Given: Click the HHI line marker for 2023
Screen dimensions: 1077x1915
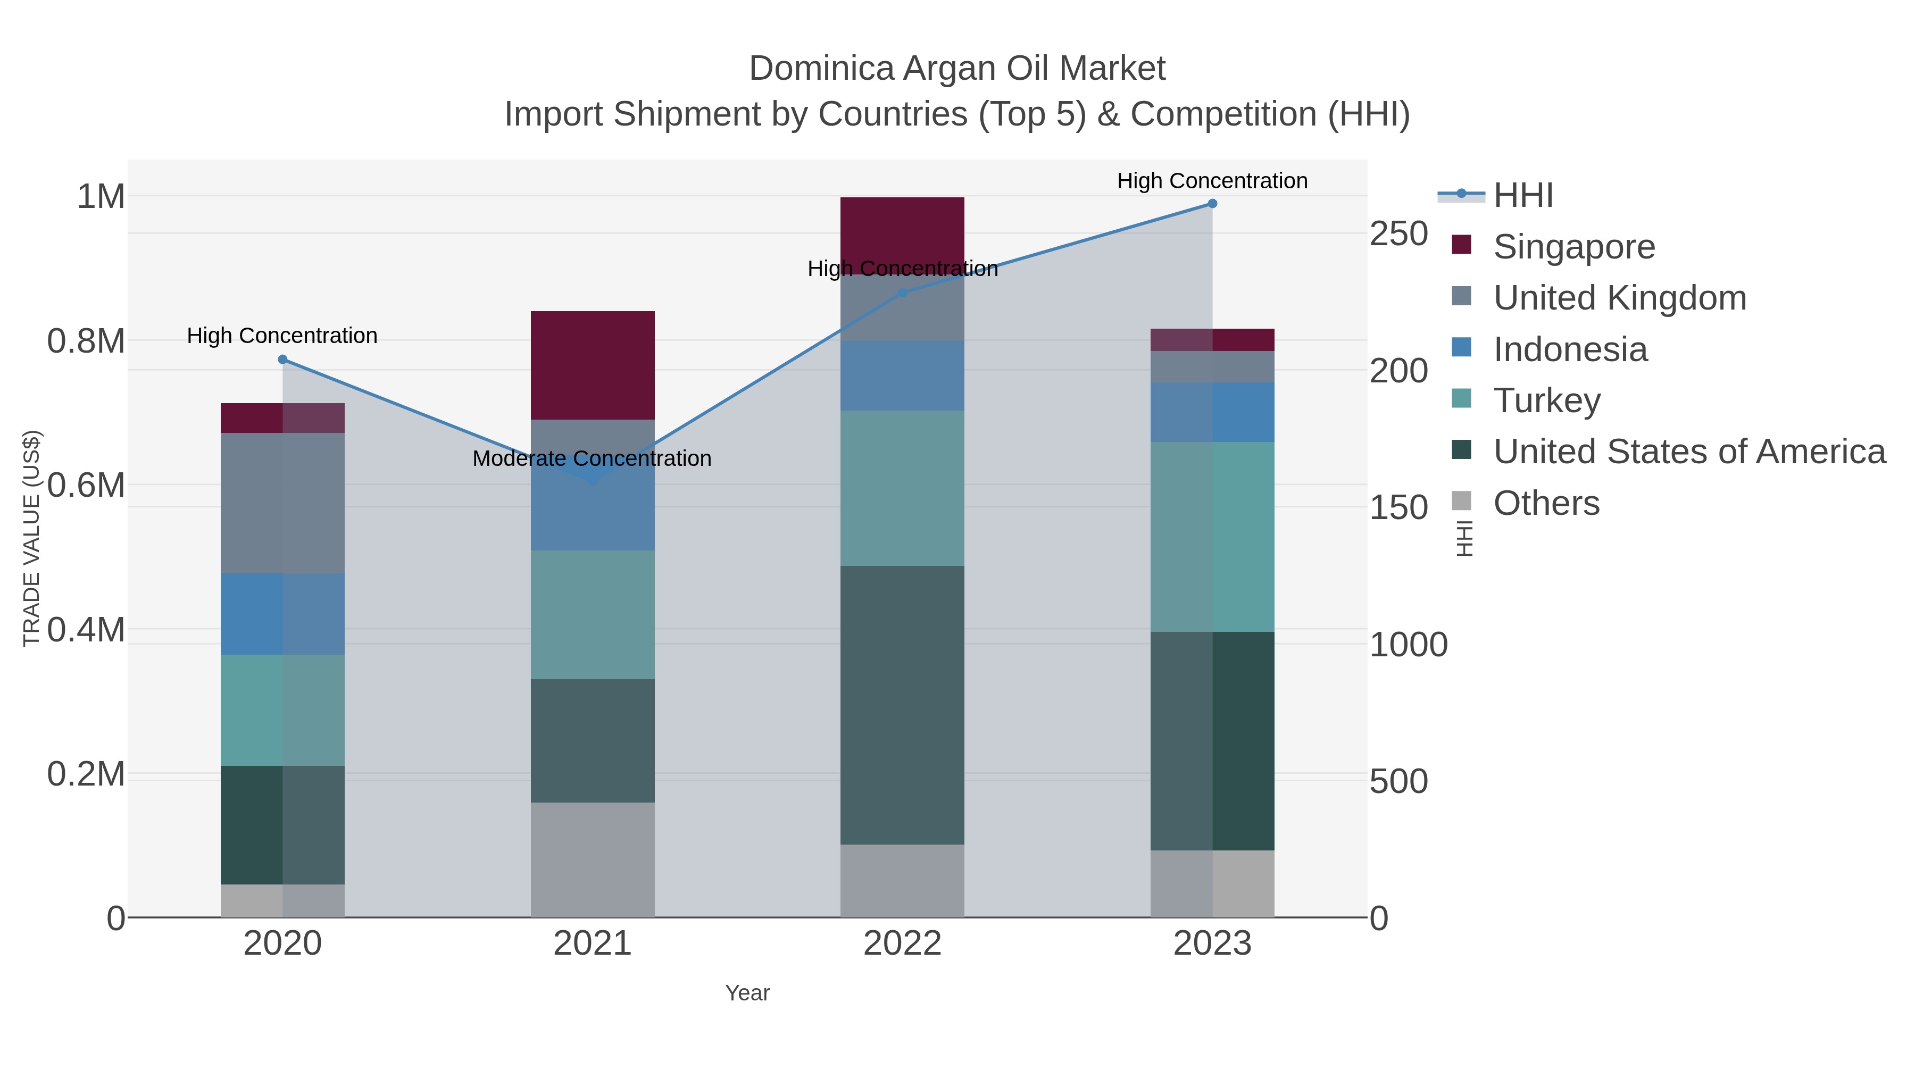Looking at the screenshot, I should point(1212,204).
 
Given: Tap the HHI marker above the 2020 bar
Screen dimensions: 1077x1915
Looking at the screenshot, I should point(282,360).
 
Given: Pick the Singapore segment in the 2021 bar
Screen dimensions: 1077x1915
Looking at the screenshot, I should point(593,365).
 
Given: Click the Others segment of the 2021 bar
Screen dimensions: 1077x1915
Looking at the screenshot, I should point(593,859).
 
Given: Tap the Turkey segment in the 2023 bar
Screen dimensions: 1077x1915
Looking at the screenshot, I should point(1212,537).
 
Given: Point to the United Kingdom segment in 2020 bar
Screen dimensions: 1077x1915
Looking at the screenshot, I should point(282,503).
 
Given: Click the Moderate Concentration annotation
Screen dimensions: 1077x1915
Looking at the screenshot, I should point(592,458).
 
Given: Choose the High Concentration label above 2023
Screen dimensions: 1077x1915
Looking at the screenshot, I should point(1212,181).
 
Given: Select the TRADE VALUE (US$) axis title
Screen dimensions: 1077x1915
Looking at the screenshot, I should point(31,538).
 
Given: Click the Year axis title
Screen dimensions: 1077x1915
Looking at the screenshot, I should point(747,993).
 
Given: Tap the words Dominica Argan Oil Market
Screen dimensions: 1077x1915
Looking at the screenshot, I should point(957,69).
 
